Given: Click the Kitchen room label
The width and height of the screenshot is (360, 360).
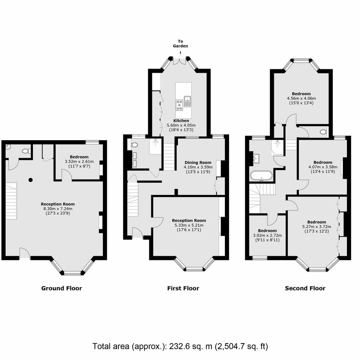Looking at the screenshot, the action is pyautogui.click(x=181, y=121).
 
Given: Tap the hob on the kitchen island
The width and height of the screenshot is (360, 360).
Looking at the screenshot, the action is pyautogui.click(x=180, y=105).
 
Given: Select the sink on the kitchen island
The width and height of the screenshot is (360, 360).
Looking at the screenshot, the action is pyautogui.click(x=187, y=101).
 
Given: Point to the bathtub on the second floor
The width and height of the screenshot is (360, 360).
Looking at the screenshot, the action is pyautogui.click(x=261, y=176).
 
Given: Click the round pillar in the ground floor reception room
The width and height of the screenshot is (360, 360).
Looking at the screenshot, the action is pyautogui.click(x=31, y=180).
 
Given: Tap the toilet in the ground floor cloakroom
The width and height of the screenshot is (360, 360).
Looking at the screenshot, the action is pyautogui.click(x=26, y=151).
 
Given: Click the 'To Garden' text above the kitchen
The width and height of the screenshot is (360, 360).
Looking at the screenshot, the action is pyautogui.click(x=180, y=44).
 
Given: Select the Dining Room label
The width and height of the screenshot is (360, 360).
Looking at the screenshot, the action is pyautogui.click(x=198, y=162).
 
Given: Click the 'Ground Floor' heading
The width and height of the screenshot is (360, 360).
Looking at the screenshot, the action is pyautogui.click(x=62, y=288).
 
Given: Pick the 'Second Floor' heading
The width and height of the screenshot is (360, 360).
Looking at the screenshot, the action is pyautogui.click(x=305, y=288).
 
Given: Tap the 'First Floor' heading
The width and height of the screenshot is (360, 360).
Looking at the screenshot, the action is pyautogui.click(x=183, y=288).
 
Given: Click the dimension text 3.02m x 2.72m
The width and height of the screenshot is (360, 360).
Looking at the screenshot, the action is pyautogui.click(x=267, y=235).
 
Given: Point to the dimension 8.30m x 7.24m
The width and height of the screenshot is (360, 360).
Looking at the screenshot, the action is pyautogui.click(x=58, y=209).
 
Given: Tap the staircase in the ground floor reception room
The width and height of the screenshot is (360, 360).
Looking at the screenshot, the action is pyautogui.click(x=11, y=201).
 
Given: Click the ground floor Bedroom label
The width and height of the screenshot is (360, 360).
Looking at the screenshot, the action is pyautogui.click(x=79, y=157).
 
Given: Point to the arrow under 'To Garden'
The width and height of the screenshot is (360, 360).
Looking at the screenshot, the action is pyautogui.click(x=180, y=54).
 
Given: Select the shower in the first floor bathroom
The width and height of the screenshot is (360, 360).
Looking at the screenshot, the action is pyautogui.click(x=156, y=146).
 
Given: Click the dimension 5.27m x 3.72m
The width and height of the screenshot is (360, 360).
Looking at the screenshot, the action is pyautogui.click(x=317, y=227).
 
